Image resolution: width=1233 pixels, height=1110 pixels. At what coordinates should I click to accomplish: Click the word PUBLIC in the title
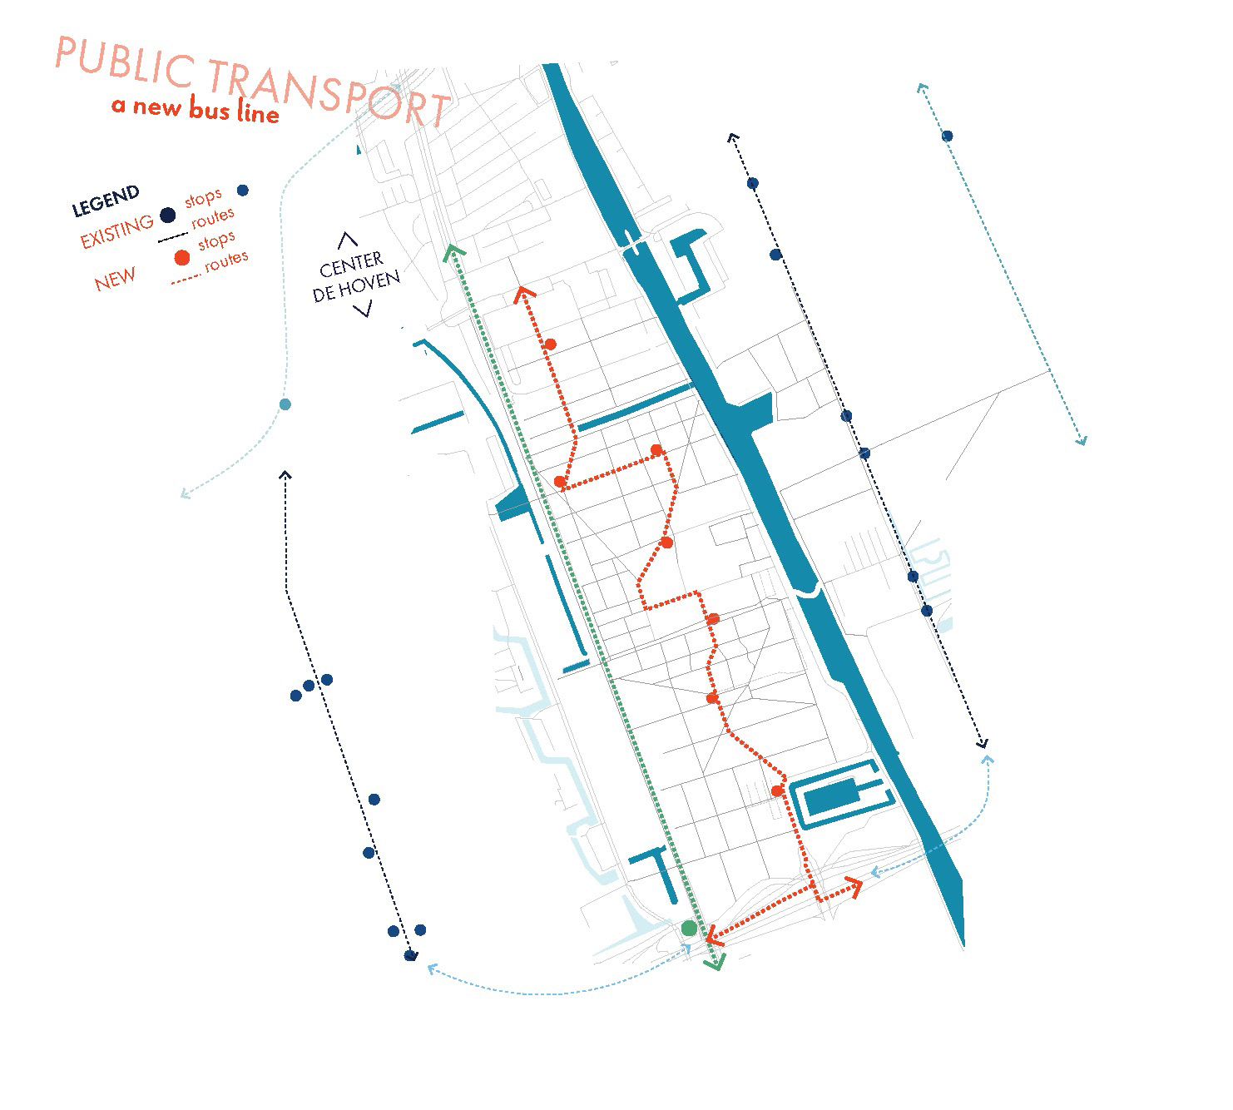pos(125,63)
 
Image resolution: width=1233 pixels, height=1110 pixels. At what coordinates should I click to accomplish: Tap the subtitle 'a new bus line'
pos(195,109)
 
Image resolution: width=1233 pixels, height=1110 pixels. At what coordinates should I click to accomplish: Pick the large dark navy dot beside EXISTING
pos(167,216)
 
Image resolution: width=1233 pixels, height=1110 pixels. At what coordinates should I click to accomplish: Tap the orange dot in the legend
pos(181,258)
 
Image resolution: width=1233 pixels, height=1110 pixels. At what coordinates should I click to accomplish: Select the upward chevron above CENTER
pos(347,241)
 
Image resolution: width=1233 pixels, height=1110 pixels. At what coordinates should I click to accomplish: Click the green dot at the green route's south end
pos(689,928)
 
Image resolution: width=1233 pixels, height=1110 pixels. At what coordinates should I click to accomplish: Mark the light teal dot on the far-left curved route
pos(285,404)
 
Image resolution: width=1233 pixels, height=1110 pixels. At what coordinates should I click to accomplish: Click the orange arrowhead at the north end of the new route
pos(522,293)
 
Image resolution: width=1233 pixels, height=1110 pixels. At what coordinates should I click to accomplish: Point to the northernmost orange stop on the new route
pos(550,344)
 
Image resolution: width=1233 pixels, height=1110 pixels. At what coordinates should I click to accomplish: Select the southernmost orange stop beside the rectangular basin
pos(776,790)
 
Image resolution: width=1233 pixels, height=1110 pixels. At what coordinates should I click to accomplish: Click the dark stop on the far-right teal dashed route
pos(947,136)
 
